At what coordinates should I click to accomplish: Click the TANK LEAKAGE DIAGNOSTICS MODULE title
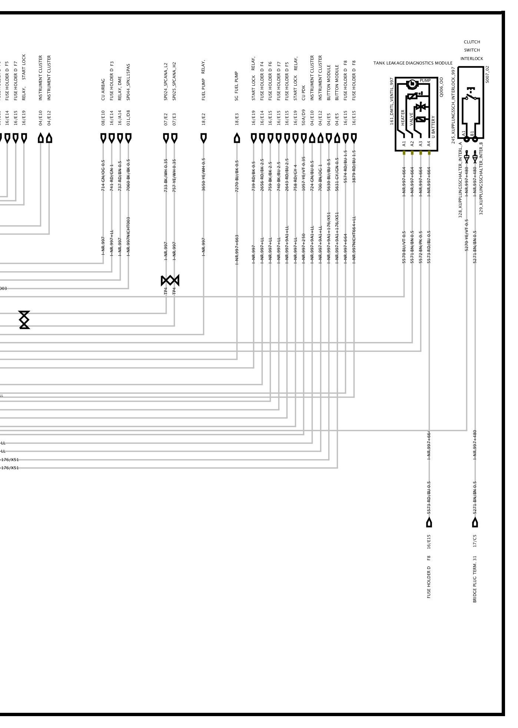(413, 63)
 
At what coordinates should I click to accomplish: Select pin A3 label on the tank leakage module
(421, 143)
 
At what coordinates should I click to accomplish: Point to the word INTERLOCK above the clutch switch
(472, 59)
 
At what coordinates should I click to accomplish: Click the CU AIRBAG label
(103, 90)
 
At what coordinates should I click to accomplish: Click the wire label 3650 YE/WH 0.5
(203, 175)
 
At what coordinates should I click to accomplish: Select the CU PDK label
(304, 93)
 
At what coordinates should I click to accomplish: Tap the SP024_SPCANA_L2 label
(166, 82)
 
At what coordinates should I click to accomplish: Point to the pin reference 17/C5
(475, 541)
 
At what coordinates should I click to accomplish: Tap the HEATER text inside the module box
(403, 118)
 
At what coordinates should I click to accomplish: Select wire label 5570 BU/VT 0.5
(404, 247)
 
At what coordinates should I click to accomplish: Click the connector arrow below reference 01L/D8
(128, 138)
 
